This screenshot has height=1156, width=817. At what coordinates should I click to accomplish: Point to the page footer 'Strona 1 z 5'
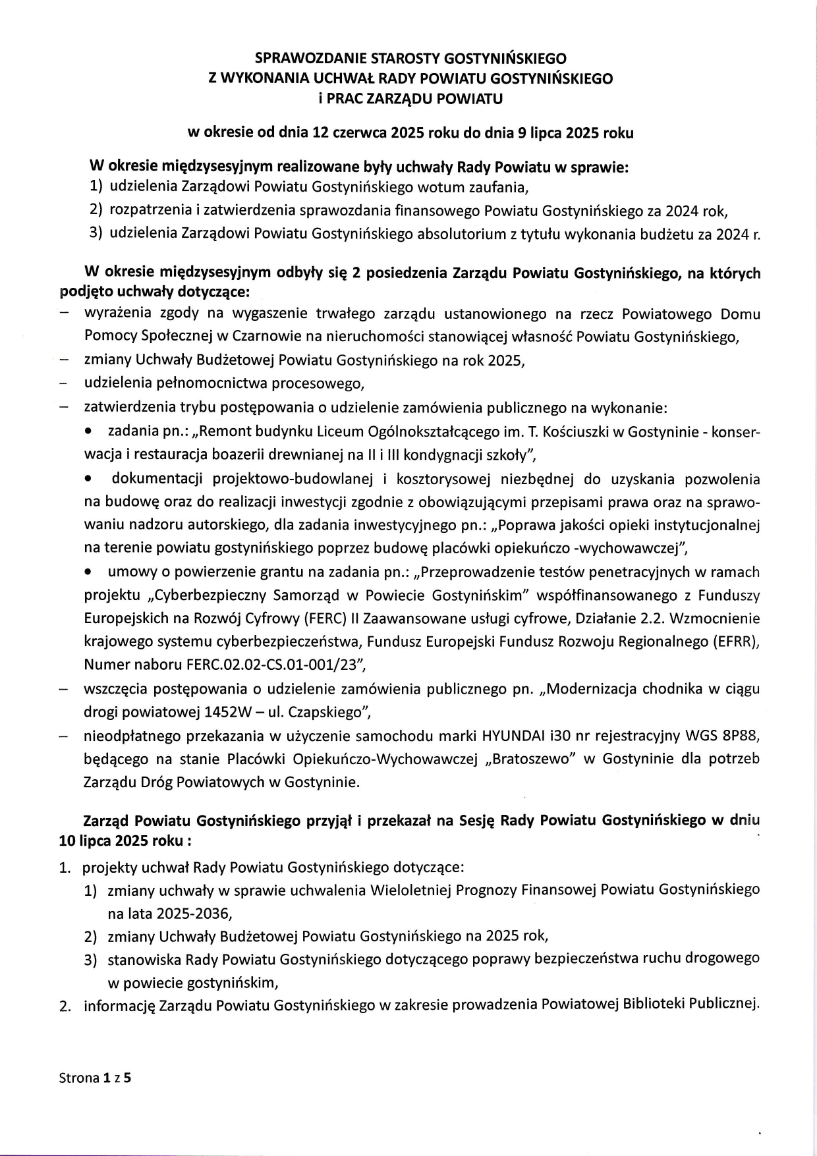(96, 1079)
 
